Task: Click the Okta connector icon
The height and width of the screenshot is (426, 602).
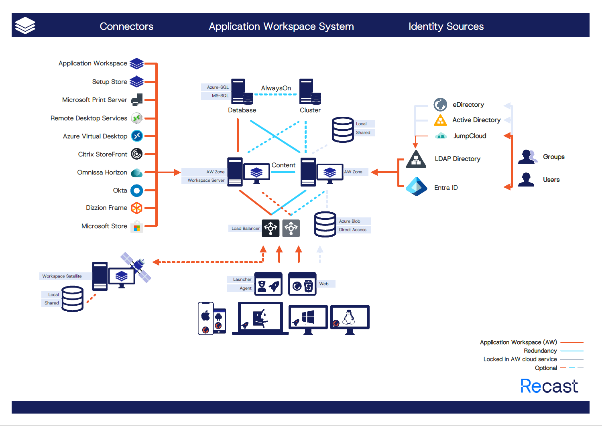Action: [x=137, y=191]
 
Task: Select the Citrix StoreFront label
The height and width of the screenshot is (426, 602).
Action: [x=102, y=154]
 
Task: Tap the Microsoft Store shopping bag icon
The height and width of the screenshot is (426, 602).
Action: [x=137, y=227]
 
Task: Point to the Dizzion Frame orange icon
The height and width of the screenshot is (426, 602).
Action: [x=137, y=208]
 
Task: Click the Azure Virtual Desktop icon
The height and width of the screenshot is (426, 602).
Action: [x=137, y=136]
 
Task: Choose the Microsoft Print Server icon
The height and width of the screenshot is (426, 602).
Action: [x=137, y=99]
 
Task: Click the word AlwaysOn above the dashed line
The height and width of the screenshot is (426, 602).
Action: [x=276, y=88]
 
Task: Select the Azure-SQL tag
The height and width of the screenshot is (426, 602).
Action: [x=217, y=87]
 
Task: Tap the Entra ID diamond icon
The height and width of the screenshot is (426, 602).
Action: [x=417, y=187]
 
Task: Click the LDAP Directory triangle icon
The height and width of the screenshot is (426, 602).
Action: [x=416, y=159]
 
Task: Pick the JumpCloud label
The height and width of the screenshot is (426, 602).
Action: [x=470, y=136]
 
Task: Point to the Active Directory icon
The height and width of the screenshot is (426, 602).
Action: [x=440, y=120]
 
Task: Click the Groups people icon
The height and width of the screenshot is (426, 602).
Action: [x=528, y=157]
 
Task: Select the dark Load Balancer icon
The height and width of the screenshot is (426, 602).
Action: [x=270, y=228]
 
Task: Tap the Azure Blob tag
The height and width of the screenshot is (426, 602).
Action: [x=350, y=221]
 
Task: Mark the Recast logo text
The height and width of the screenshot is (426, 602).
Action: [x=549, y=386]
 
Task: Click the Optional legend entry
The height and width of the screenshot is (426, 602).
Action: [x=546, y=368]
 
